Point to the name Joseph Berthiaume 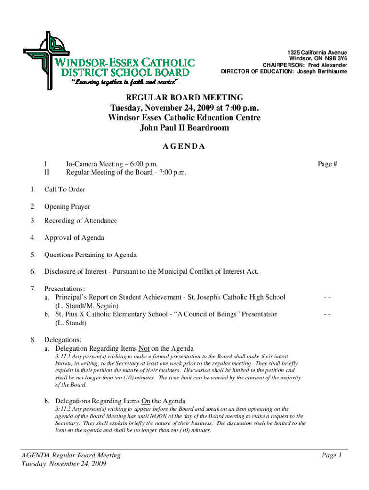pos(322,72)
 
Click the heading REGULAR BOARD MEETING pos(184,97)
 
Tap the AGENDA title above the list pos(184,146)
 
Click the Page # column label pos(328,164)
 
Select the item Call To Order pos(65,189)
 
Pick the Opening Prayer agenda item pos(67,207)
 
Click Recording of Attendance pos(81,221)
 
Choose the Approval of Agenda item pos(74,238)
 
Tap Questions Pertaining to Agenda pos(90,255)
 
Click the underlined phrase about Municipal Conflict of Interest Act pos(185,272)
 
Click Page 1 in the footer pos(331,456)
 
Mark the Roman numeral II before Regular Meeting pos(46,172)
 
